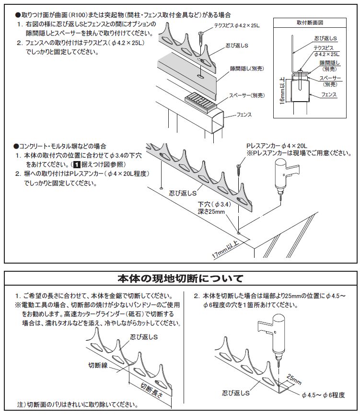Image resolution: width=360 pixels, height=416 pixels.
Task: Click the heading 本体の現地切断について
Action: (180, 278)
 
